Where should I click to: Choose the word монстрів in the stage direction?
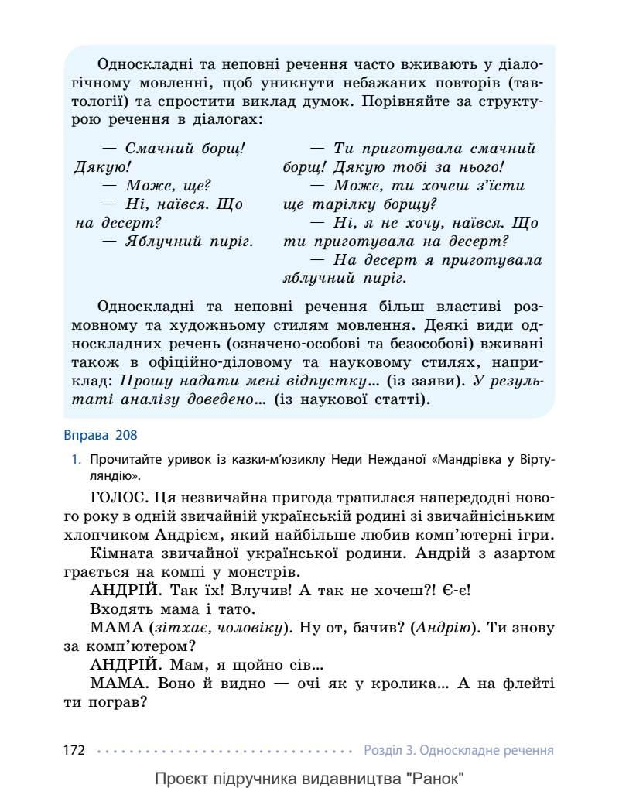[261, 572]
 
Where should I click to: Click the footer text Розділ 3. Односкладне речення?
[458, 750]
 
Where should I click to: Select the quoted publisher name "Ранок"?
[436, 777]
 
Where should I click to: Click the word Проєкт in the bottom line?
[181, 777]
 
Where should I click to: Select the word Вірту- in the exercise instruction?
[536, 459]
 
